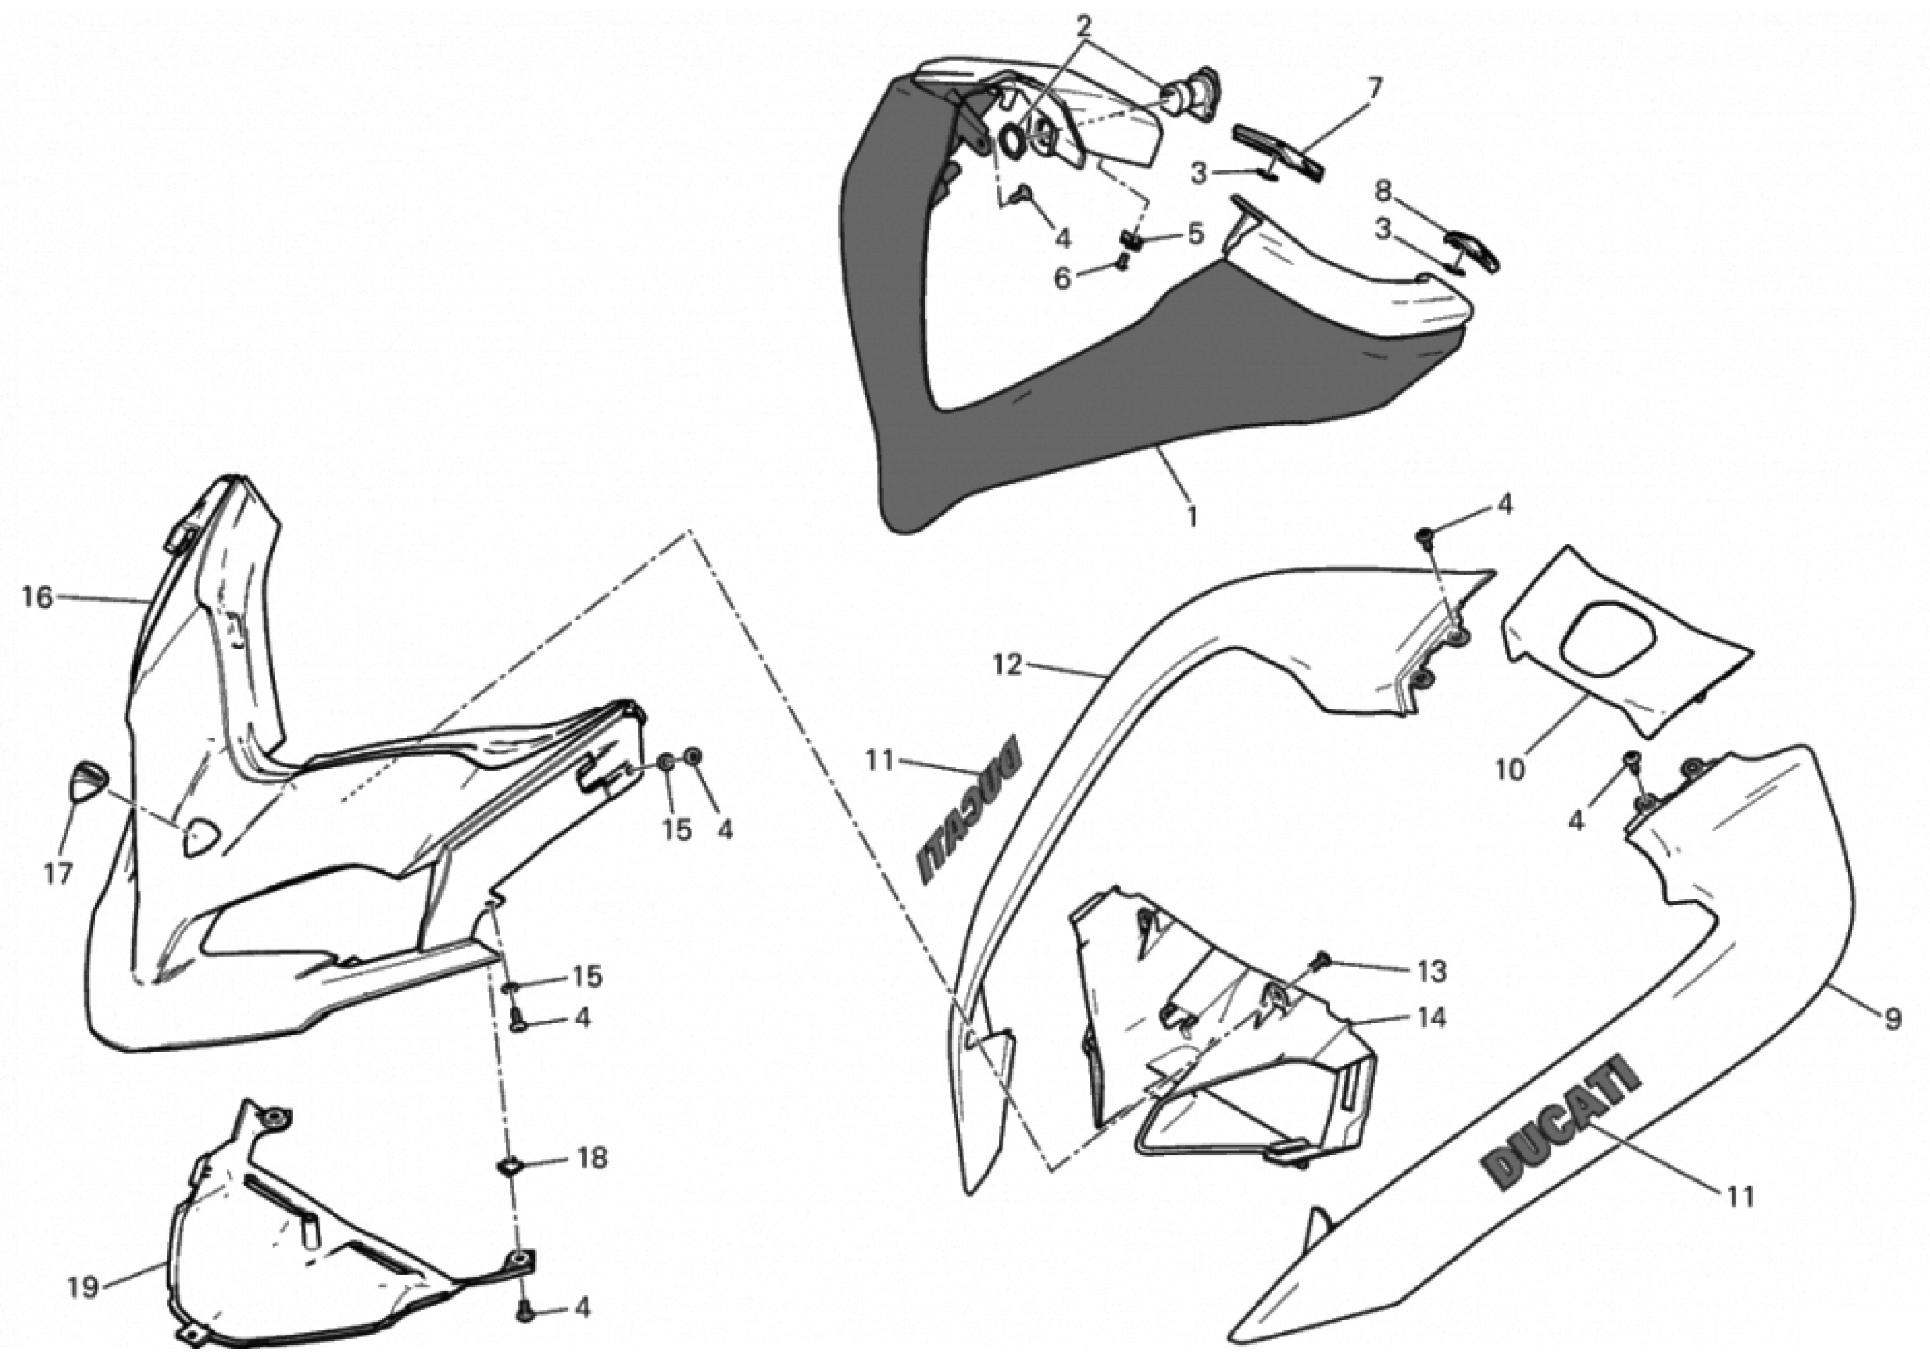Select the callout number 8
pyautogui.click(x=1382, y=192)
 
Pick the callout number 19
pyautogui.click(x=83, y=1288)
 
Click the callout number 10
pyautogui.click(x=1510, y=770)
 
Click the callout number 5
pyautogui.click(x=1195, y=234)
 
